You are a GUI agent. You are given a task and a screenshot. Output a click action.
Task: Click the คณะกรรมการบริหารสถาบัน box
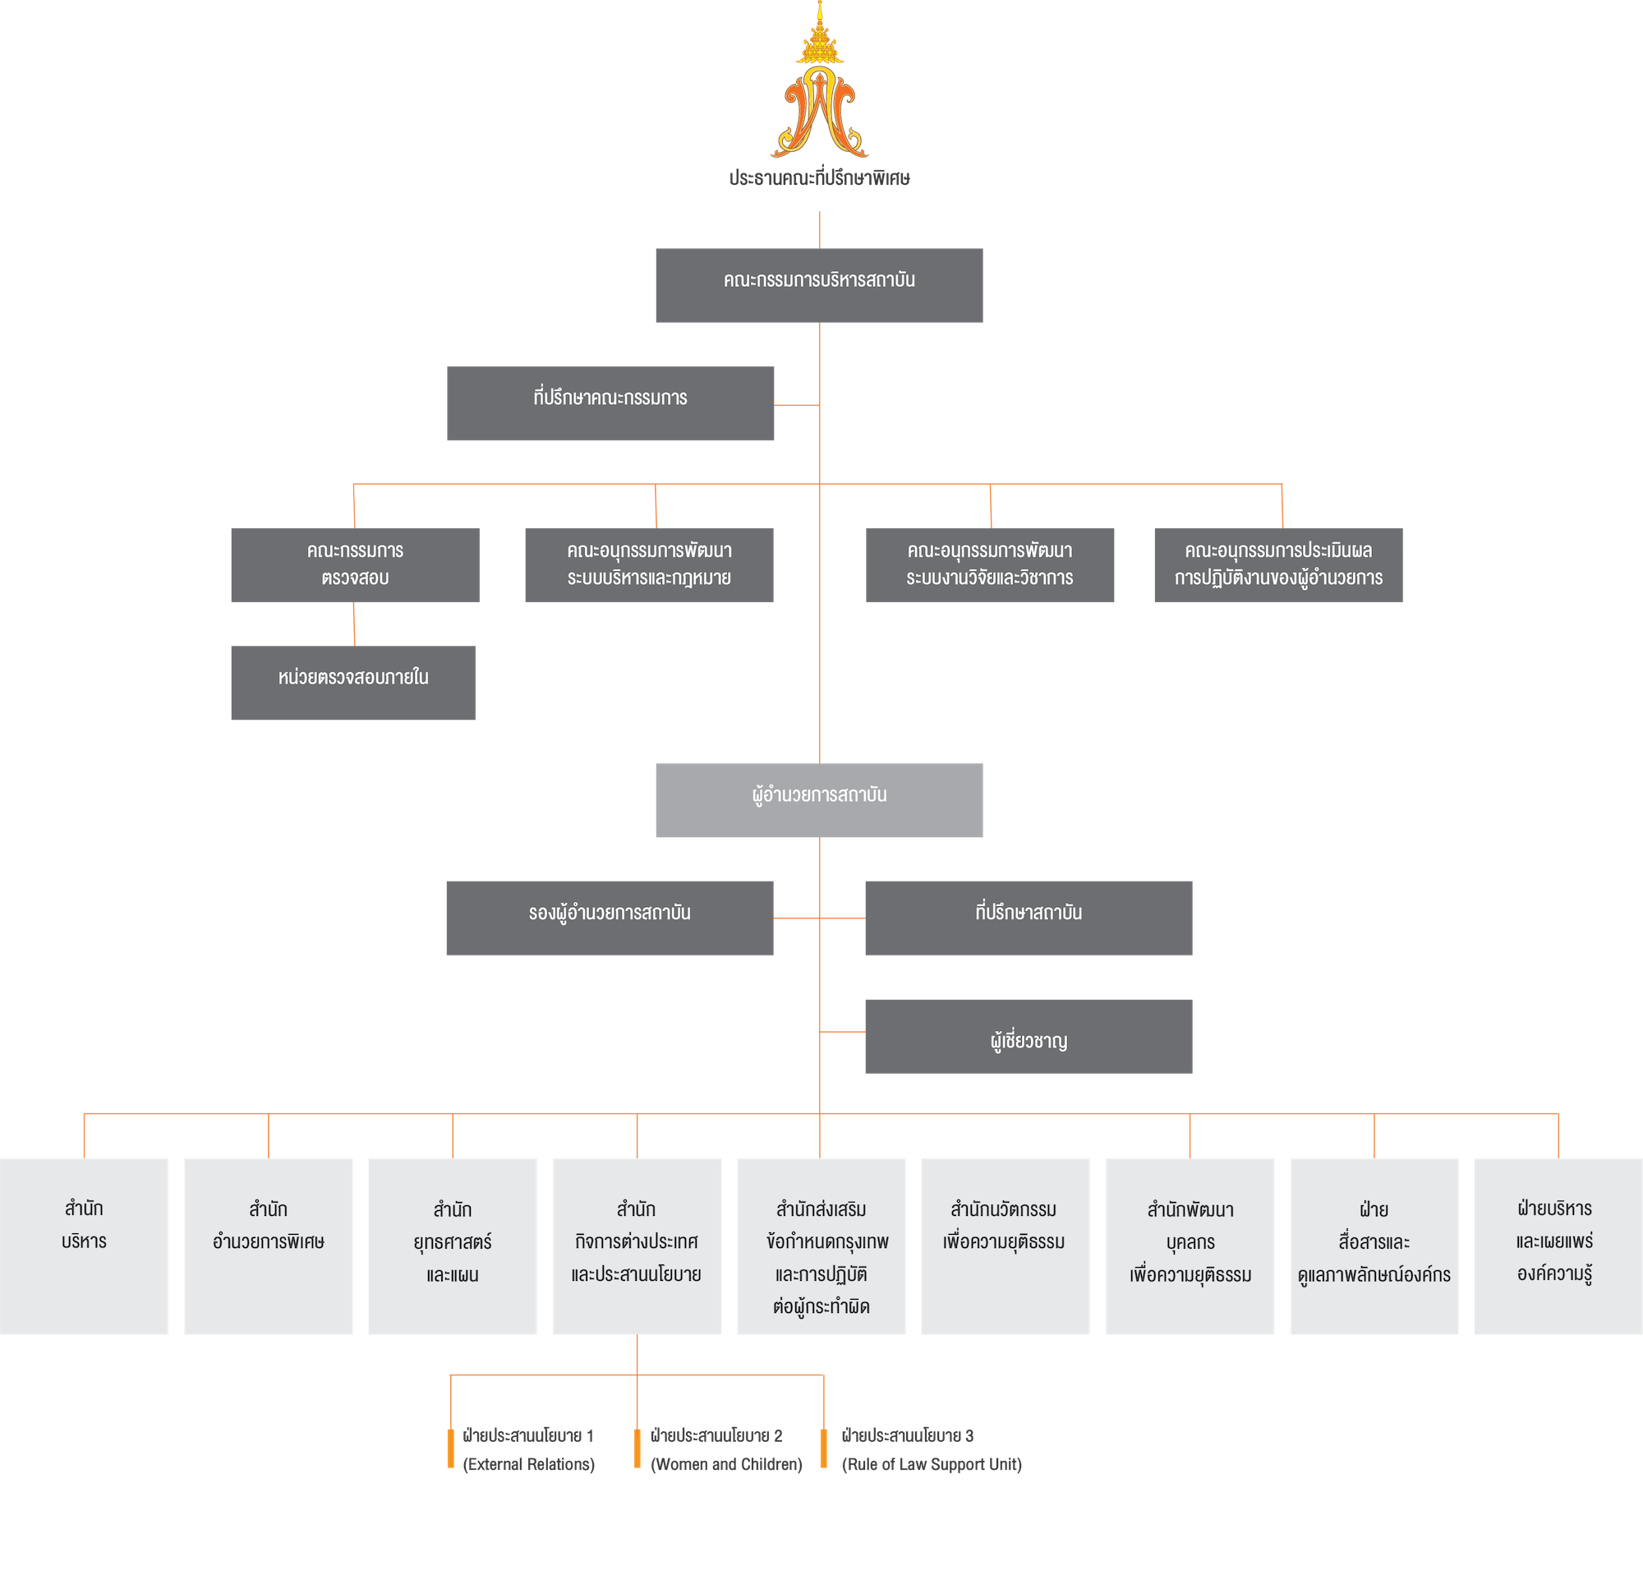coord(819,285)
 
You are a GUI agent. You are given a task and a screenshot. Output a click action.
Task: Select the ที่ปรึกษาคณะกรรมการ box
coord(610,403)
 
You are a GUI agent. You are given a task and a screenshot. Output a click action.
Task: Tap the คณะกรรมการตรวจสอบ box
coord(356,564)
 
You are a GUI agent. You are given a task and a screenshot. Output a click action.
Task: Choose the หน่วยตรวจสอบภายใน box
coord(353,682)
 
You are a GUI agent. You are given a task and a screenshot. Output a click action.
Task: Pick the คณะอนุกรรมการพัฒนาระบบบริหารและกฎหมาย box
coord(649,564)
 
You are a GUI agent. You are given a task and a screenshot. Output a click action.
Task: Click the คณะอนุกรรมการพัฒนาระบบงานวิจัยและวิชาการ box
coord(990,564)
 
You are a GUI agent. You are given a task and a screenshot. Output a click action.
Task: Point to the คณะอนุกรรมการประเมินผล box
coord(1277,564)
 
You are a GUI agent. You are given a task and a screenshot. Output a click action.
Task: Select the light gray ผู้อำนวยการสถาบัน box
coord(819,799)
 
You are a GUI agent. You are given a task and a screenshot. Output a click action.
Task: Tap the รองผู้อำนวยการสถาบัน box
coord(610,917)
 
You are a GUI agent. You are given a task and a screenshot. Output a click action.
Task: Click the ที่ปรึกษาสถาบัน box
coord(1029,917)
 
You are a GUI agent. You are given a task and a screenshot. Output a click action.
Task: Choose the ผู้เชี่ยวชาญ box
coord(1029,1035)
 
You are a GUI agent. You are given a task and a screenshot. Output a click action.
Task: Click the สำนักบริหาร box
coord(84,1246)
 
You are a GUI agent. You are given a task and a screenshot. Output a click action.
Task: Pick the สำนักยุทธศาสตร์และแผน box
coord(453,1246)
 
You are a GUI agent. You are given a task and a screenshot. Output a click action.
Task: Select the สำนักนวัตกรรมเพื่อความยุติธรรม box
coord(1005,1246)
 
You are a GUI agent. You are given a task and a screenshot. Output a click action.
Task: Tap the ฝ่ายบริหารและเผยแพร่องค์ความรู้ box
coord(1557,1246)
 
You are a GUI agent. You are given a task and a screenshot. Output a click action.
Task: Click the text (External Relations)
coord(529,1464)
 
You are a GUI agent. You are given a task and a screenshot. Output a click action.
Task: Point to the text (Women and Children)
coord(726,1464)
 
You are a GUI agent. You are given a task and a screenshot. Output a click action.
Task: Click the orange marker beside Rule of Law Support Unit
coord(824,1449)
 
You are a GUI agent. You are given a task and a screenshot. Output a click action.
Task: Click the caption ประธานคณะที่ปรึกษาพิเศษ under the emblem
coord(819,178)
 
